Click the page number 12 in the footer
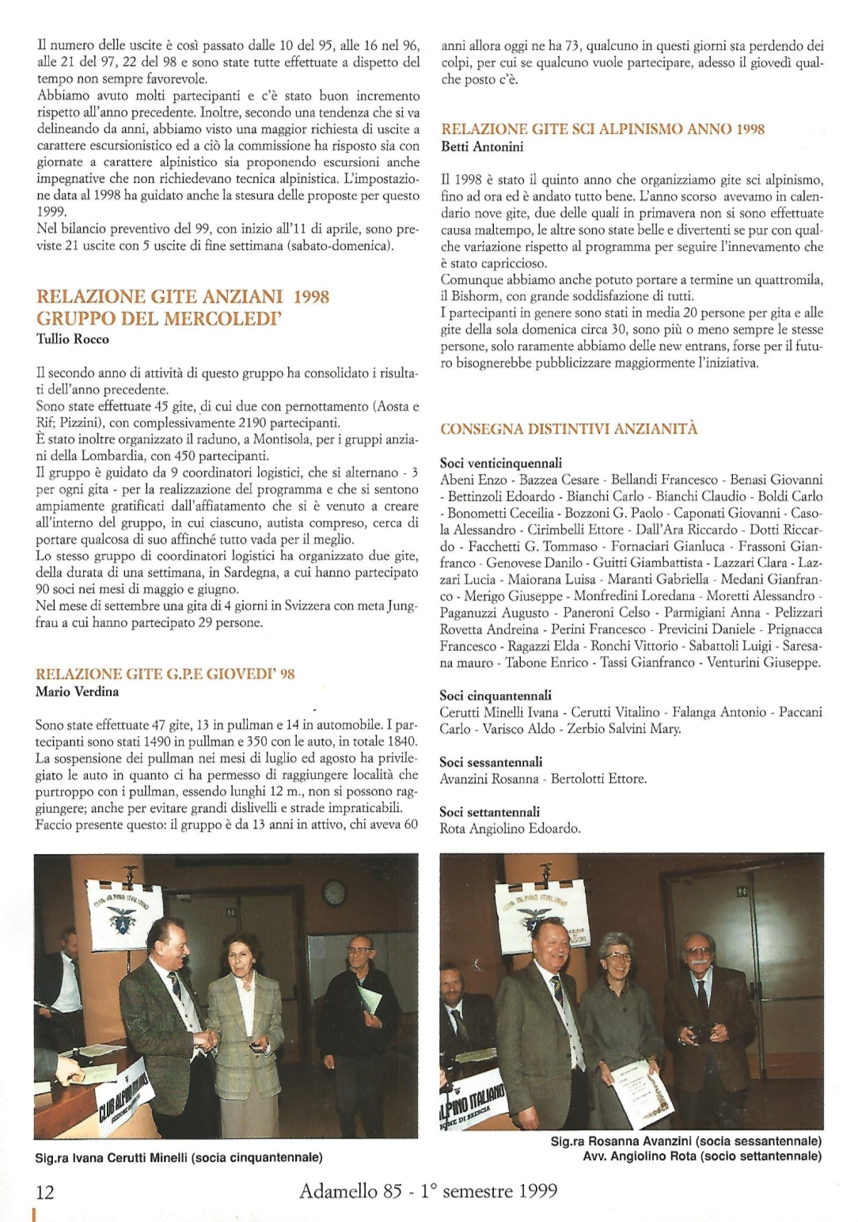click(x=44, y=1191)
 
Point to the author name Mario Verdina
click(x=78, y=691)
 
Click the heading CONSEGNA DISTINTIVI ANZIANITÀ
click(x=569, y=429)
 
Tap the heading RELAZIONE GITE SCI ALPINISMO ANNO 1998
click(x=602, y=129)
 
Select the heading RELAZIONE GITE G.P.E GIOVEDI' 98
click(x=165, y=674)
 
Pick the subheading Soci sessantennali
click(x=491, y=762)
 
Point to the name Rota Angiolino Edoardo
click(x=511, y=829)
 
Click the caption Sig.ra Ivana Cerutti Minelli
click(x=179, y=1157)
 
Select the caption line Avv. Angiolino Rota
click(x=701, y=1156)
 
